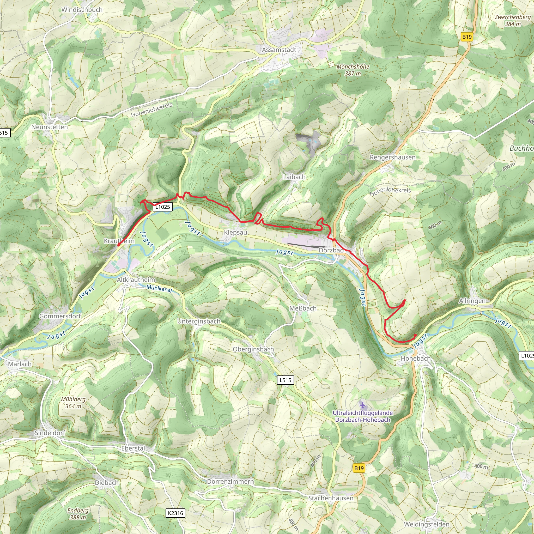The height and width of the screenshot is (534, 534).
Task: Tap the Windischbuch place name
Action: [82, 10]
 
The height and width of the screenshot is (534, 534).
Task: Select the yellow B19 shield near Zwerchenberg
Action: [467, 37]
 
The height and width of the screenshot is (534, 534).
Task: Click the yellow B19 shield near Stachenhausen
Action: [359, 468]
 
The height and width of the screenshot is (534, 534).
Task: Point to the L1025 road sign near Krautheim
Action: [162, 207]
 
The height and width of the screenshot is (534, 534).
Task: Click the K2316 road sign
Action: [175, 513]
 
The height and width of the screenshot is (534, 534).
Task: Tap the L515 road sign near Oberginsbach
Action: [285, 380]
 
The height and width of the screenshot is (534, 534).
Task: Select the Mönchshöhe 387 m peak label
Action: [353, 70]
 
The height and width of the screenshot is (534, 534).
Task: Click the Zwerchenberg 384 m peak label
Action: [513, 20]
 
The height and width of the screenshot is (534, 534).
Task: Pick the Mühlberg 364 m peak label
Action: [73, 403]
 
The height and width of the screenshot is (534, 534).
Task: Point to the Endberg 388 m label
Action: [78, 514]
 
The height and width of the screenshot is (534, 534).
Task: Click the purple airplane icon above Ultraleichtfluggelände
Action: [363, 405]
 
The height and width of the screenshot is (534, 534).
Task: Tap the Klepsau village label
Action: [235, 232]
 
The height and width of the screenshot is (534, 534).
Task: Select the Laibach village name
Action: [294, 177]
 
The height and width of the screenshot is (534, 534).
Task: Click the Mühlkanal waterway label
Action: [159, 289]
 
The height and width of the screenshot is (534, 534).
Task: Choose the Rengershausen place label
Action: [392, 157]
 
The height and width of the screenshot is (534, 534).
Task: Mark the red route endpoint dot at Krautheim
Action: [119, 245]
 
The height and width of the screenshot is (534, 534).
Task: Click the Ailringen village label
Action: [472, 301]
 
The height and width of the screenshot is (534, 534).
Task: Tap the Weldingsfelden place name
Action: [427, 524]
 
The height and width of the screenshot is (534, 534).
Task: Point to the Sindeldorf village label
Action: [50, 433]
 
